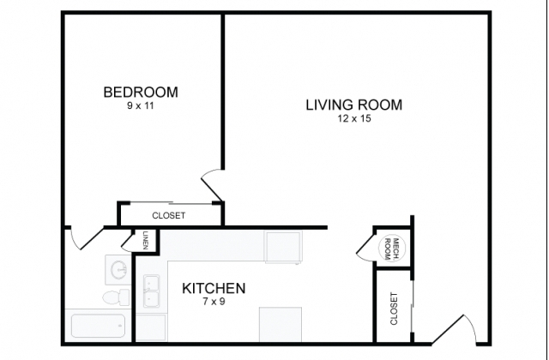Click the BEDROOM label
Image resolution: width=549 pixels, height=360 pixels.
141,92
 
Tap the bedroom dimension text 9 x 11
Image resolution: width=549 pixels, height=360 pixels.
141,105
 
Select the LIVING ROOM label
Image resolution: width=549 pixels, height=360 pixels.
354,105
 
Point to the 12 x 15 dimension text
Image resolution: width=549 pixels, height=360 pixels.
354,118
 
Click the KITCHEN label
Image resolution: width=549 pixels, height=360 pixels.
214,288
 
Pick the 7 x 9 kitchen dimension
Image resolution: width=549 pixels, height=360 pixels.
214,301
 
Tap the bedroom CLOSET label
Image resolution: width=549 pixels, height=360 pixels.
169,215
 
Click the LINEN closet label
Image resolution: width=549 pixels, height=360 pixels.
146,240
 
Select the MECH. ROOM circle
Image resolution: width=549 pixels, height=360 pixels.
392,249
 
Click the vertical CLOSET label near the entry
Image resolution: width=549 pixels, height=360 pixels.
394,309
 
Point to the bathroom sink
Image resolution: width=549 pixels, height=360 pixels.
118,270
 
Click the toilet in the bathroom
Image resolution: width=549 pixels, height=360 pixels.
117,297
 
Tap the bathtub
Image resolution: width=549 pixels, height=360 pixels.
99,326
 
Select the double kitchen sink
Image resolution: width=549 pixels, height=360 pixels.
152,291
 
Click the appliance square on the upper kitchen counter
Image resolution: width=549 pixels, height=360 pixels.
283,247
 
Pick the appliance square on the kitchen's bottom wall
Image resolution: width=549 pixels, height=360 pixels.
281,324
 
